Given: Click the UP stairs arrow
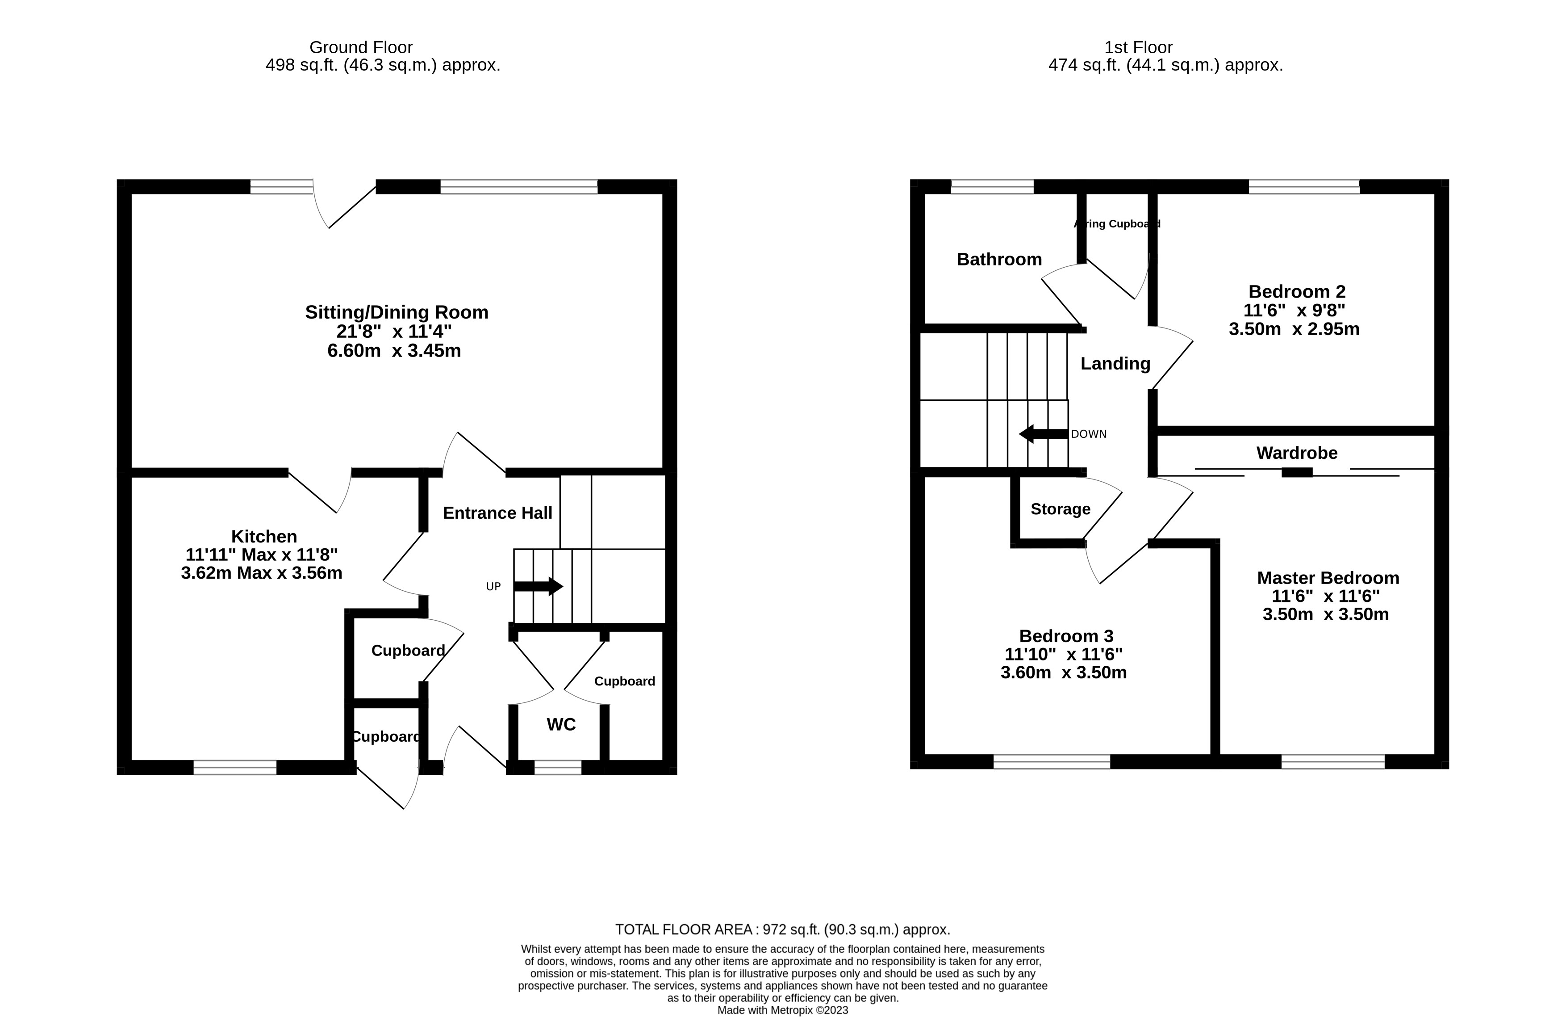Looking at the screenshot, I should click(538, 586).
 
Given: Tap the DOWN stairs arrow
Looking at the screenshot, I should click(1044, 434).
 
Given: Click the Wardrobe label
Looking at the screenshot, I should click(1296, 453).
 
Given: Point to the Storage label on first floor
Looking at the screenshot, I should click(1060, 509).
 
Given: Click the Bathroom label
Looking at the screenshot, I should click(999, 259).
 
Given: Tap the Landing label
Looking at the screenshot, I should click(1115, 363).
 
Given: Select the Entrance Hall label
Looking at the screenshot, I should click(497, 513).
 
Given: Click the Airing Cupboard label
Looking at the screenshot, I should click(1117, 224).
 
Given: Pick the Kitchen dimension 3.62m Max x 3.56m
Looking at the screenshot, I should click(262, 573).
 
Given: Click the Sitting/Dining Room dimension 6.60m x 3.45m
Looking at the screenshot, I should click(394, 350).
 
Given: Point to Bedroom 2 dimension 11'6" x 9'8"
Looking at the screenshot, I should click(1294, 310).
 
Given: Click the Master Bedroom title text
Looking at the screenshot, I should click(1328, 578).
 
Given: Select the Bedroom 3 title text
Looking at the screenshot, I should click(1066, 636).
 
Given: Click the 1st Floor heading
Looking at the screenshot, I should click(1138, 47).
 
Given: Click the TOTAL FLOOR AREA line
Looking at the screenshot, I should click(782, 929).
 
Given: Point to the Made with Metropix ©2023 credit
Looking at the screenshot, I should click(782, 1010).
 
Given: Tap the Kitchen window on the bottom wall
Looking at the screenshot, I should click(235, 767).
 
